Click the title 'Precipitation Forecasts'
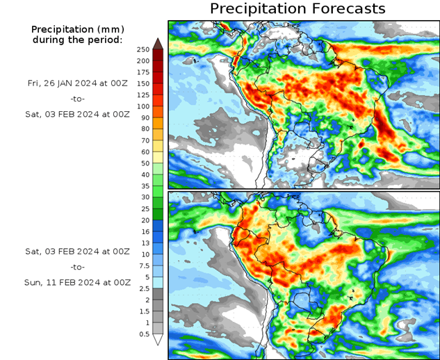coord(297,9)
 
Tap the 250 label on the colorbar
coord(143,49)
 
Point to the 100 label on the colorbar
coord(143,106)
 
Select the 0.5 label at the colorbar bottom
coord(143,334)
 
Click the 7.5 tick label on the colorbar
coord(143,265)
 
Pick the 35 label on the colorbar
coord(143,186)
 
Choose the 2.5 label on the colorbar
coord(143,288)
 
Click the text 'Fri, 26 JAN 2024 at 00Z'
coord(77,83)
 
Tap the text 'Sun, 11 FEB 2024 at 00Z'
coord(77,283)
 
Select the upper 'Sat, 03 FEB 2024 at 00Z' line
coord(77,113)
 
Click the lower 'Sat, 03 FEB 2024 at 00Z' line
coord(77,251)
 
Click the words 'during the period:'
coord(77,40)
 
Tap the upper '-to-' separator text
coord(77,98)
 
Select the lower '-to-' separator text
coord(77,267)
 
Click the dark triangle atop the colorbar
coord(158,43)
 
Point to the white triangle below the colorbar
coord(158,340)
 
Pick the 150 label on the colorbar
coord(143,83)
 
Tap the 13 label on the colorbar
coord(143,243)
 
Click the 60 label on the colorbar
coord(143,152)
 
